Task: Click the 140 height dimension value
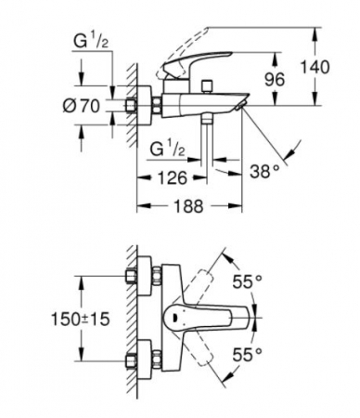(315, 67)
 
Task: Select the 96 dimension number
(275, 80)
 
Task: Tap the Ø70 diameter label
(82, 106)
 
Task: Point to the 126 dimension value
(173, 177)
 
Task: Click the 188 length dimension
(189, 206)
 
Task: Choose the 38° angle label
(265, 171)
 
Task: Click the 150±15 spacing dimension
(81, 319)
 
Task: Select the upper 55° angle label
(247, 281)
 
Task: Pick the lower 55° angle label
(247, 355)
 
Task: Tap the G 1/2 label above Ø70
(91, 42)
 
